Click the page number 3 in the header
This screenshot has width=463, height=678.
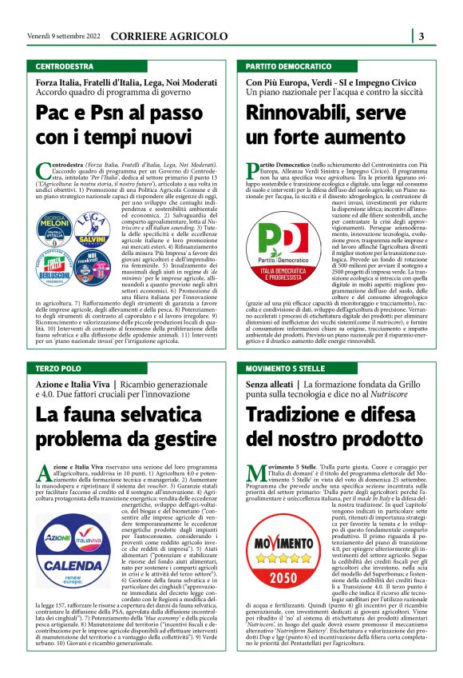click(421, 35)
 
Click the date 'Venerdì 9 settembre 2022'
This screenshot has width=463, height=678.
click(61, 36)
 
